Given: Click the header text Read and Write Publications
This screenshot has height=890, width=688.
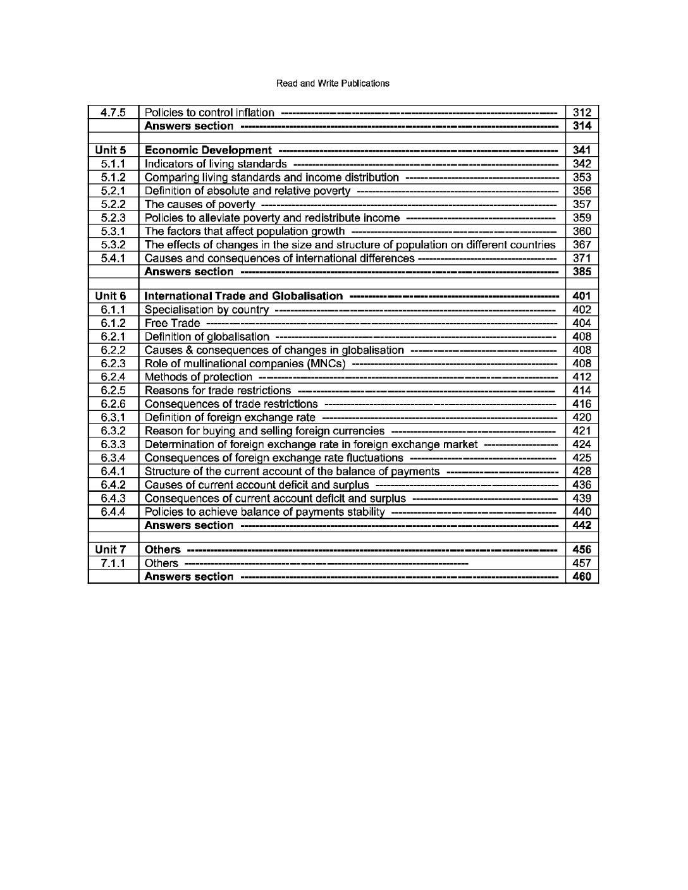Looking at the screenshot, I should (x=333, y=83).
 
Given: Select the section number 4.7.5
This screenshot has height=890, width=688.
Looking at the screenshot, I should (x=113, y=113).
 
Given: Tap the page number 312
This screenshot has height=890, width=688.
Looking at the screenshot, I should (x=581, y=113).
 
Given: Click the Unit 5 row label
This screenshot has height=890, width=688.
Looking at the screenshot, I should (x=111, y=150).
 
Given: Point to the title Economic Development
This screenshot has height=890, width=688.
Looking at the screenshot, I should (x=208, y=150).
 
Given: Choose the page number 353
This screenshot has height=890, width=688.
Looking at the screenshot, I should (x=581, y=178).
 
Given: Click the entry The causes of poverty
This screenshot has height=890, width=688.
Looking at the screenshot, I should (x=200, y=204).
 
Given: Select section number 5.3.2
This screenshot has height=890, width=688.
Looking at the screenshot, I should (x=113, y=245).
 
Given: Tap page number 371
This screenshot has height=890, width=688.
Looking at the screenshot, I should (x=581, y=258).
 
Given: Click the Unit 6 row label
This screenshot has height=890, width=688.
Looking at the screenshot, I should (x=111, y=296).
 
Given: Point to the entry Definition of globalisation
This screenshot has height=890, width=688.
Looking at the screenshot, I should (x=207, y=337).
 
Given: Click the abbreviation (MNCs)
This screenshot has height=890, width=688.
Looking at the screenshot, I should (x=325, y=363).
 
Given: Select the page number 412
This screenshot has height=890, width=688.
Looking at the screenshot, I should (x=581, y=377).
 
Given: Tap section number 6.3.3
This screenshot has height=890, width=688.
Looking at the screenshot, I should (x=113, y=444).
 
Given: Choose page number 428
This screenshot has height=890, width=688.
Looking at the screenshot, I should (x=581, y=471).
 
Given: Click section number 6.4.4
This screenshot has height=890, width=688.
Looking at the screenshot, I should (x=113, y=511).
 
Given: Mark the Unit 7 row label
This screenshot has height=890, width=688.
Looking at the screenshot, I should (x=111, y=550).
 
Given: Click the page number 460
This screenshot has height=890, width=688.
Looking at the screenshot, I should (x=581, y=576).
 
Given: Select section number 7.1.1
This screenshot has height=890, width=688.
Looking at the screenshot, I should (x=113, y=563).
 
